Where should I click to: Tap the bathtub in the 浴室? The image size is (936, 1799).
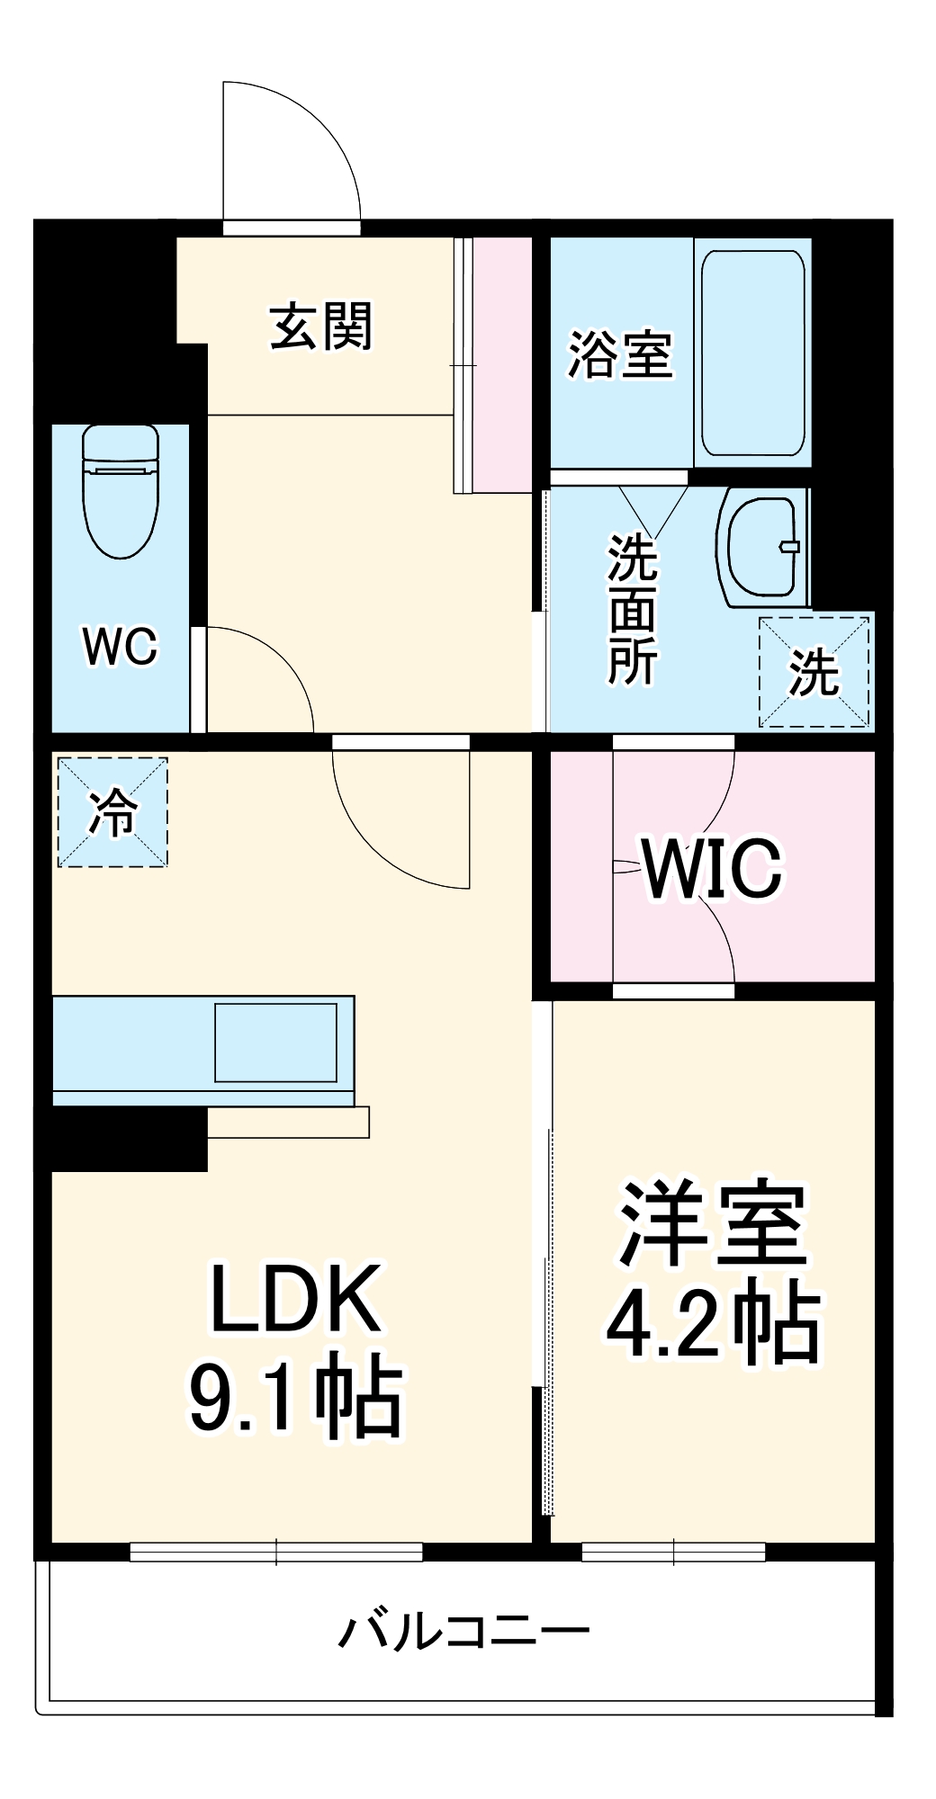coord(752,353)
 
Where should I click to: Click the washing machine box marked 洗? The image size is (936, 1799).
coord(814,671)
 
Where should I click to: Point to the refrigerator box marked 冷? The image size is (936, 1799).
coord(112,811)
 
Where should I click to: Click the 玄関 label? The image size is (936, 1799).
coord(321,326)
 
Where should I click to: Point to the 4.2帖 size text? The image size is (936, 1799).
coord(713,1325)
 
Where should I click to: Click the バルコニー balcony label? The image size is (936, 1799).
coord(464,1631)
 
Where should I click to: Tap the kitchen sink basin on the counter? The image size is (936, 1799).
coord(275,1043)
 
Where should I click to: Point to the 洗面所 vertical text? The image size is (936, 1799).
coord(633,609)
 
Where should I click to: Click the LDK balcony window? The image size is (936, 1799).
coord(275,1552)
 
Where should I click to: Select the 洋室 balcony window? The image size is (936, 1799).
coord(673,1552)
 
